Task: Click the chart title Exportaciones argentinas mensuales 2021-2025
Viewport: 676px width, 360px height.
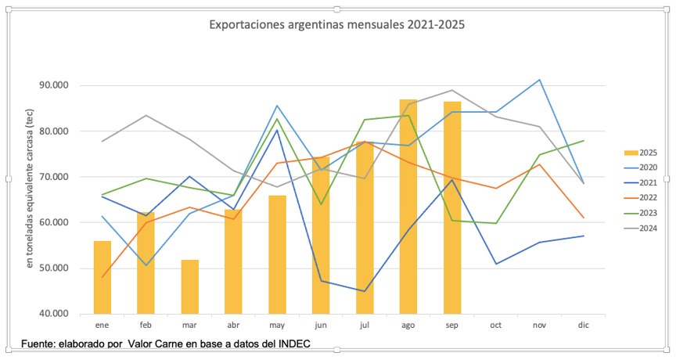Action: pyautogui.click(x=336, y=24)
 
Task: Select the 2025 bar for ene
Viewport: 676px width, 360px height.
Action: pyautogui.click(x=102, y=277)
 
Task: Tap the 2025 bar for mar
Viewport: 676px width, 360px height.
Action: pyautogui.click(x=190, y=286)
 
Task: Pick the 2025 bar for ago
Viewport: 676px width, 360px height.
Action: pyautogui.click(x=408, y=207)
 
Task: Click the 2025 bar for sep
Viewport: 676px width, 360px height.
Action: pyautogui.click(x=452, y=207)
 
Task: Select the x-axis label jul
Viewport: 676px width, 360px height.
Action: pyautogui.click(x=365, y=324)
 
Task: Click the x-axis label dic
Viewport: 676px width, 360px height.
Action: pyautogui.click(x=583, y=324)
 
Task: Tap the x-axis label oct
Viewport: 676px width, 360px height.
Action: pyautogui.click(x=496, y=324)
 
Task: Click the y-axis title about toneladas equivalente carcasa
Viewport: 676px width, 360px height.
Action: pyautogui.click(x=31, y=199)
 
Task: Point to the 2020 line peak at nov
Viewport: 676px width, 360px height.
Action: pyautogui.click(x=540, y=80)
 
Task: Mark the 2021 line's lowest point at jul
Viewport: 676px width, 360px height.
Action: pyautogui.click(x=365, y=291)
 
